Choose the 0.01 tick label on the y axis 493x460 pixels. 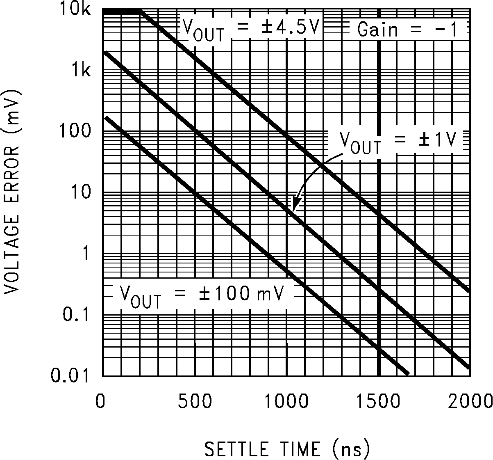tap(70, 376)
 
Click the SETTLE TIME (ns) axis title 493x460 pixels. tap(287, 449)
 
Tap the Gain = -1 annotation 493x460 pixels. tap(407, 30)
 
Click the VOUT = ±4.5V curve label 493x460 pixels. tap(250, 29)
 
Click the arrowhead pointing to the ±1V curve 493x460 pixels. tap(296, 204)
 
